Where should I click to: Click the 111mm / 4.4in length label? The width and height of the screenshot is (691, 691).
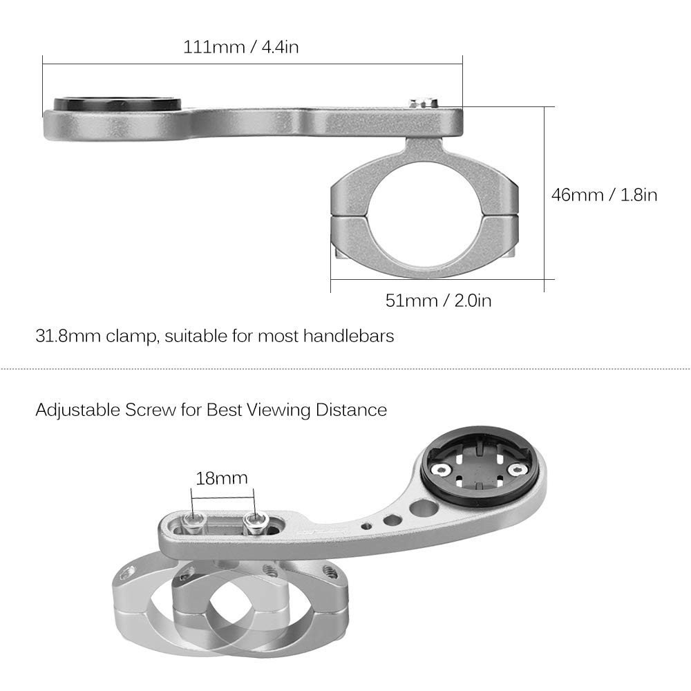[240, 47]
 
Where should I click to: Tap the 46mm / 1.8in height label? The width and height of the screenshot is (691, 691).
[603, 195]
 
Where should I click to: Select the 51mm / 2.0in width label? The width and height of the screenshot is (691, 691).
[438, 300]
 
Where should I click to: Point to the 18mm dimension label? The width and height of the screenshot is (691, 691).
[221, 477]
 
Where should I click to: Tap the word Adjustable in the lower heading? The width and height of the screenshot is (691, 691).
[74, 410]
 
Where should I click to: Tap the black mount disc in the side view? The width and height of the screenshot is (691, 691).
[117, 104]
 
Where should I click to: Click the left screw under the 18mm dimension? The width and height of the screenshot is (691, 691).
[196, 519]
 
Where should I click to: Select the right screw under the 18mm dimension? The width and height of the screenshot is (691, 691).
[255, 519]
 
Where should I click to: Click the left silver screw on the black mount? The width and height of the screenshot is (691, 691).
[438, 470]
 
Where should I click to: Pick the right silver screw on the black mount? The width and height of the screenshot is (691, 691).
[515, 470]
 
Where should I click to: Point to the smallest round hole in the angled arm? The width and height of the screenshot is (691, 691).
[368, 527]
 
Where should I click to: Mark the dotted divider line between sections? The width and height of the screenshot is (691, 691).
[345, 368]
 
